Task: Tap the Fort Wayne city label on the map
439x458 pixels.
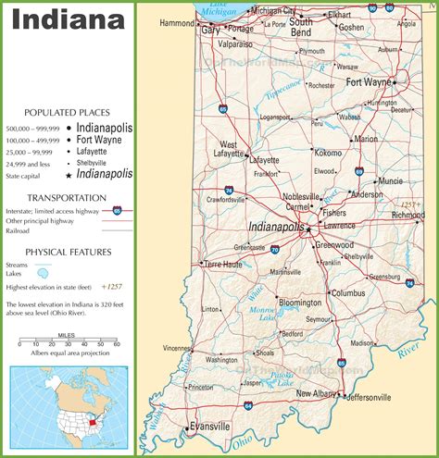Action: (367, 82)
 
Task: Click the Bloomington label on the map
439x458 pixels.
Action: (299, 303)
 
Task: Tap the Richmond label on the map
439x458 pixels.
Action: (408, 215)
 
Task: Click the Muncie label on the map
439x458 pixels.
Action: (391, 180)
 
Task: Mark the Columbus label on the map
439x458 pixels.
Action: (348, 292)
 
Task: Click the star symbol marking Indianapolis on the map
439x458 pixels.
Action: (307, 229)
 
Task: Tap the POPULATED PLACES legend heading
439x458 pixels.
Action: (62, 111)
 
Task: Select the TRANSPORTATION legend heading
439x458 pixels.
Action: (66, 198)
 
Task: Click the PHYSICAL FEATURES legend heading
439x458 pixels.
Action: (68, 252)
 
